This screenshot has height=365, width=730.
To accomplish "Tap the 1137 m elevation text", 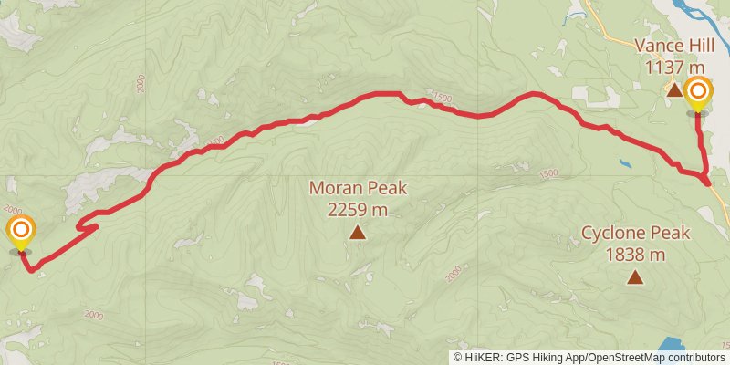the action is [x=675, y=67].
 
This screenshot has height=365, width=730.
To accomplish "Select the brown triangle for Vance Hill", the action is [x=673, y=89].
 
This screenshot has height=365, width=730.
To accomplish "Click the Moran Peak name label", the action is [x=358, y=189].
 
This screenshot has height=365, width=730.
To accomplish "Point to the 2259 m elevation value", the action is [x=358, y=210].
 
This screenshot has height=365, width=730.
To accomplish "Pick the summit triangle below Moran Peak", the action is [x=358, y=233].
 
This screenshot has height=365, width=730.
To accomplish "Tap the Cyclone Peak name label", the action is [x=637, y=233].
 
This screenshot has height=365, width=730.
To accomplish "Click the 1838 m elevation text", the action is [x=637, y=253].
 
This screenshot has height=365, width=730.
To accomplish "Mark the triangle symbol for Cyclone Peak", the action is [x=634, y=276].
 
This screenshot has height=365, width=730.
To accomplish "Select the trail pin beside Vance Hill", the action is [x=698, y=93].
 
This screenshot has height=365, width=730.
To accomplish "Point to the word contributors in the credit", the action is [x=695, y=358].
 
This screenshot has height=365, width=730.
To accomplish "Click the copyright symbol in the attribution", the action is [x=458, y=358].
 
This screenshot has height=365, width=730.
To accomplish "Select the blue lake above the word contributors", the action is [x=673, y=345].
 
